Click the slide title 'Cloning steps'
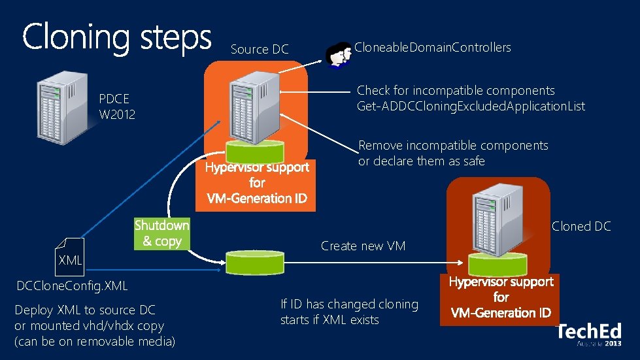(x=116, y=38)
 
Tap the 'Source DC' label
(x=260, y=50)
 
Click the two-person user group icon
(x=338, y=54)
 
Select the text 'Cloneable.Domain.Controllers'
(x=432, y=47)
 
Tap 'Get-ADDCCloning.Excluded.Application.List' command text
(x=471, y=106)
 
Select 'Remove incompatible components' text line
(x=453, y=146)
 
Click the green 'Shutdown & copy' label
(x=161, y=233)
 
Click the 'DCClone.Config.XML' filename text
(x=72, y=286)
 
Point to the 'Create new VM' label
(x=363, y=246)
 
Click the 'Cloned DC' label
(x=581, y=227)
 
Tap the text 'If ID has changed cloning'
(x=348, y=304)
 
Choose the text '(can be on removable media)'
(x=95, y=341)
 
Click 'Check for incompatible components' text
(x=456, y=91)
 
